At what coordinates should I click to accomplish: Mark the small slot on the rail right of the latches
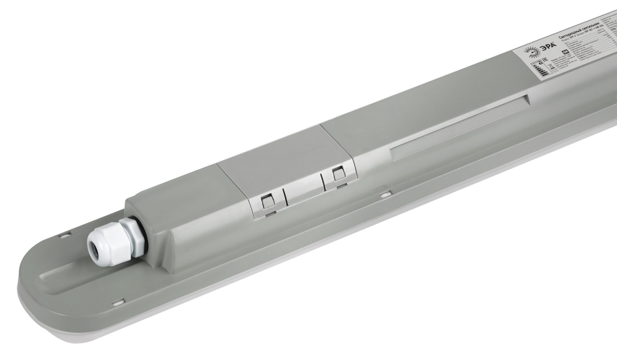tap(386, 195)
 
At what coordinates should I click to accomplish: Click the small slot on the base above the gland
tap(63, 235)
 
